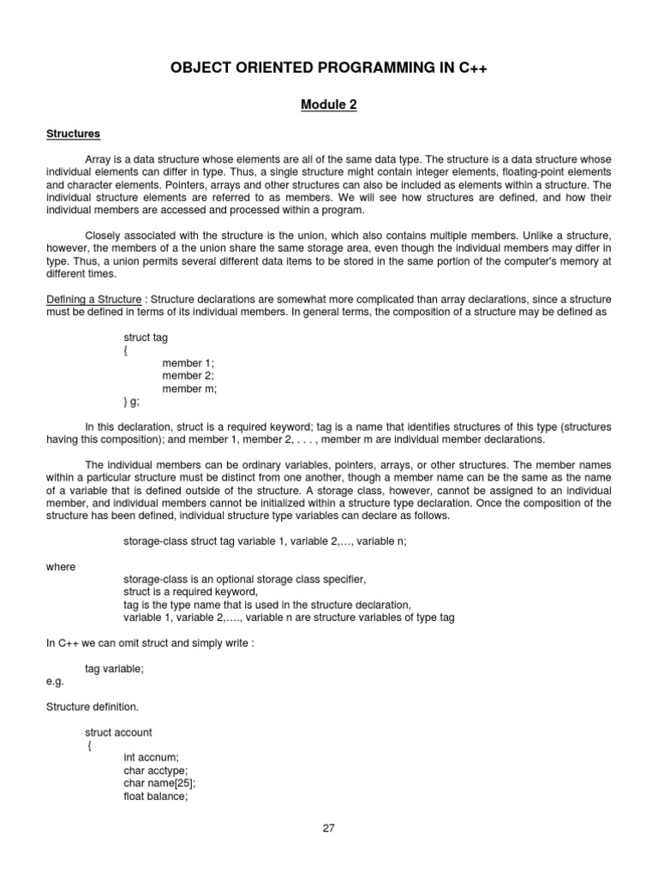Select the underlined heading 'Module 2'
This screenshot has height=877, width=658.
(x=328, y=105)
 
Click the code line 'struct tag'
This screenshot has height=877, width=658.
(x=147, y=337)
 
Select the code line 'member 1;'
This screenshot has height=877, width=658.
(x=188, y=363)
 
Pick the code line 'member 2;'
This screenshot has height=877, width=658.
(x=188, y=376)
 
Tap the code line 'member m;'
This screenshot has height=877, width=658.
(x=188, y=389)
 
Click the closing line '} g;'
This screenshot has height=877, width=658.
(x=131, y=401)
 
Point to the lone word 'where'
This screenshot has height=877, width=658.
(x=60, y=567)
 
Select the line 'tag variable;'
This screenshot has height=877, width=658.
(x=115, y=669)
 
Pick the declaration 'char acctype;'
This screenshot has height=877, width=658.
(x=155, y=771)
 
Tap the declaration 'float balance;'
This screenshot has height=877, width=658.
(x=156, y=796)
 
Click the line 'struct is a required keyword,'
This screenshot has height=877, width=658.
(x=190, y=592)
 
